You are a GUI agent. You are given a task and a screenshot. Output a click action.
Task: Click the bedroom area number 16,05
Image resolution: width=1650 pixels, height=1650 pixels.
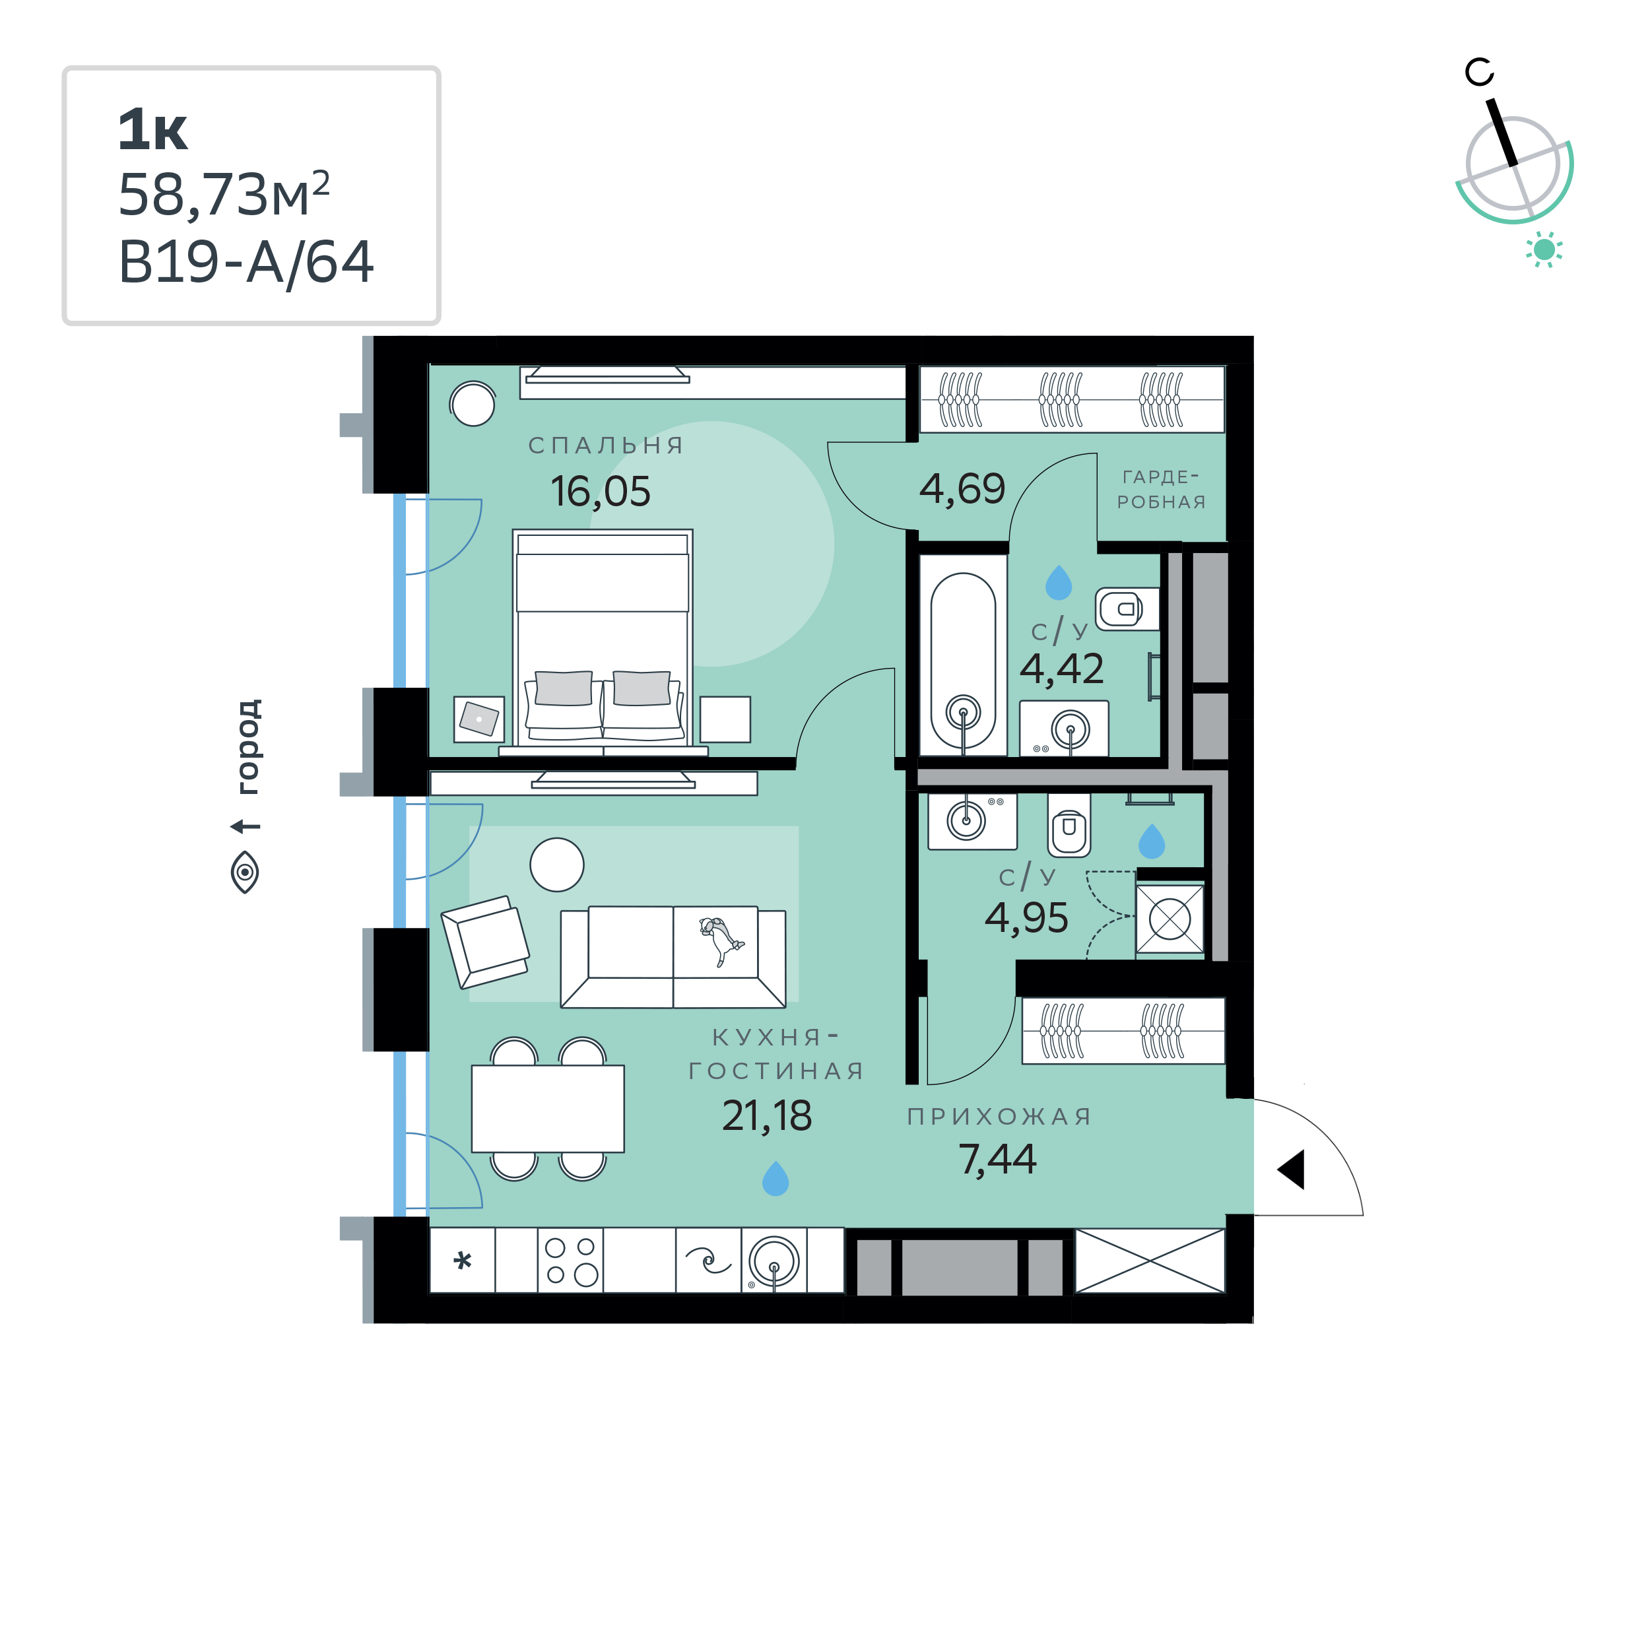(601, 492)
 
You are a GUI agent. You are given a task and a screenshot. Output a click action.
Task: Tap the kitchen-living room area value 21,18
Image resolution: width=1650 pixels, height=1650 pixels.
(767, 1116)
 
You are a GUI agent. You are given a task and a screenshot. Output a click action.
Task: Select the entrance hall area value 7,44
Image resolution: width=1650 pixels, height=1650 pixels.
(997, 1160)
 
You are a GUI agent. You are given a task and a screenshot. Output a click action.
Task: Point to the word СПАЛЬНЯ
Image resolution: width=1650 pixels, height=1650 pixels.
(607, 445)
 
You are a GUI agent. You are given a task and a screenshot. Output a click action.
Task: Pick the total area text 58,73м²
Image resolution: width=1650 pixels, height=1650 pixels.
(224, 194)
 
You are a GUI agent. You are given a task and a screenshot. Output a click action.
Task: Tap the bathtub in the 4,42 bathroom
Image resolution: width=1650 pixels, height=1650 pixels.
(964, 661)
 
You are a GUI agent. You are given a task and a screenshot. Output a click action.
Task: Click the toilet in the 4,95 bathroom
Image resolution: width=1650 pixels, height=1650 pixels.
(1069, 825)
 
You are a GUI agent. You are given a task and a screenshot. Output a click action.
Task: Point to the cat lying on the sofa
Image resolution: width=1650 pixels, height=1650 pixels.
(721, 940)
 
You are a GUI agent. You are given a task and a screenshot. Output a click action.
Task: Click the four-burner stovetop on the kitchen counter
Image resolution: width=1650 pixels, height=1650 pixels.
(570, 1261)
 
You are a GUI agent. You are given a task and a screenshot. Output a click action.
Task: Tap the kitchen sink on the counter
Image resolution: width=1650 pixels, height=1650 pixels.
(774, 1261)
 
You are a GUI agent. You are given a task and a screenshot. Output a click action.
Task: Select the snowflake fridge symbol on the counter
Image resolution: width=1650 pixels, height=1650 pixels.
(463, 1261)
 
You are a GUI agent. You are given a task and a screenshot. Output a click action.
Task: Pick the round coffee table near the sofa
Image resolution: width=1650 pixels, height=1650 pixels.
(557, 865)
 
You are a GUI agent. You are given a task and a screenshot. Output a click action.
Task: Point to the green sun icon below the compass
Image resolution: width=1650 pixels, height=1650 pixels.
(1544, 249)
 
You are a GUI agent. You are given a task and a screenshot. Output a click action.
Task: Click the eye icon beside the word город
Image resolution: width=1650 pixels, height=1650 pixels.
(245, 872)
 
